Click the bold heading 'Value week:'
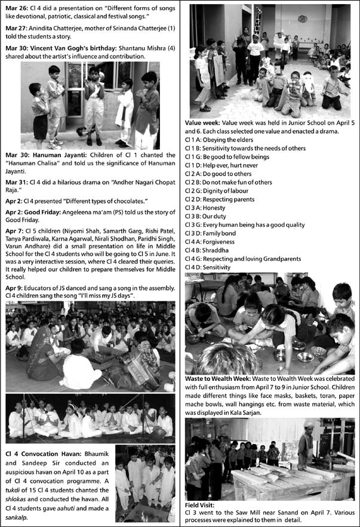click(204, 121)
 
